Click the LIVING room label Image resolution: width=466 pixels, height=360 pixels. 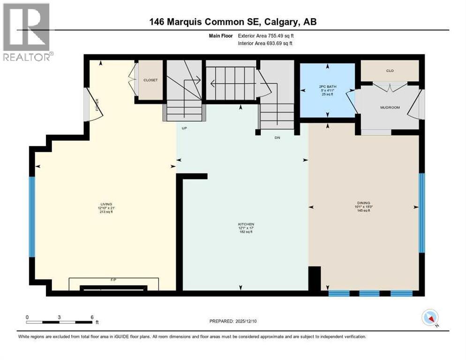click(105, 204)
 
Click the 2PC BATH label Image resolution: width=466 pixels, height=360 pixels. click(327, 87)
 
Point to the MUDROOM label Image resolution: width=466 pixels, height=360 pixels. click(390, 107)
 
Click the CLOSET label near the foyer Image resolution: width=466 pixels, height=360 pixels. click(150, 80)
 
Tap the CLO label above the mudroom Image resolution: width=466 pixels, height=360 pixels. click(389, 71)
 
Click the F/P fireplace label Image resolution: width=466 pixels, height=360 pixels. click(113, 280)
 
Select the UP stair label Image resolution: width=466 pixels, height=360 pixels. click(184, 127)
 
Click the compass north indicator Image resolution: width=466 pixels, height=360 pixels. click(430, 318)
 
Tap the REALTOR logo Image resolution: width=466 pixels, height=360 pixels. click(27, 33)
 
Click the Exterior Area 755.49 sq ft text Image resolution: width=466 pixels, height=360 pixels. click(266, 36)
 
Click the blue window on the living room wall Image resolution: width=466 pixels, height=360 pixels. click(32, 217)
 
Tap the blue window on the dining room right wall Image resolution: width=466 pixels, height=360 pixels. click(421, 213)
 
